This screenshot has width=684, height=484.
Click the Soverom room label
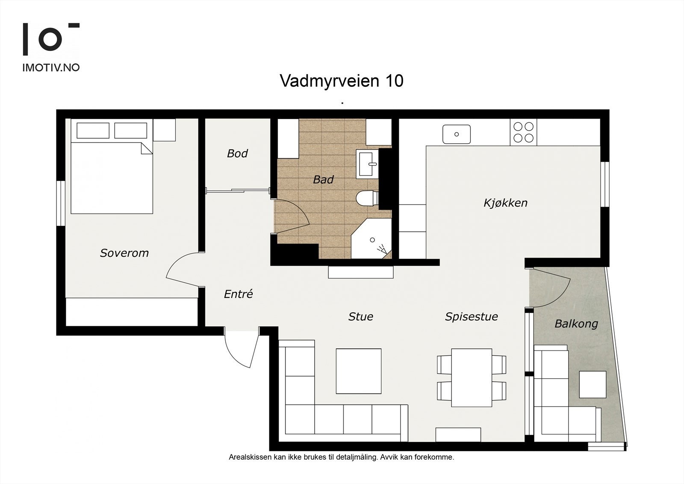124,253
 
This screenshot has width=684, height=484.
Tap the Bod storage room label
237,153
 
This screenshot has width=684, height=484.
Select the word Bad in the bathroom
323,180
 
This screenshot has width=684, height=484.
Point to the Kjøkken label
505,202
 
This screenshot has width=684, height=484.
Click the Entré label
238,294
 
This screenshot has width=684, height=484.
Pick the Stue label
360,317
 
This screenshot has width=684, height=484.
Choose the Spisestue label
471,317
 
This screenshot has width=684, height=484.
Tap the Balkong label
576,324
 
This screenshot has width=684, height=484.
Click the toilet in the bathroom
366,198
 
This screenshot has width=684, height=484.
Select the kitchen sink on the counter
456,134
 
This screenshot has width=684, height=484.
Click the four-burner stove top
523,132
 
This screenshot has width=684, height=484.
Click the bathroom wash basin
367,163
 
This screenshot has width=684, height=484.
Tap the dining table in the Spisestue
472,377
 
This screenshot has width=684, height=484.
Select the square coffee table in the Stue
358,371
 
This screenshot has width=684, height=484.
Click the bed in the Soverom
111,178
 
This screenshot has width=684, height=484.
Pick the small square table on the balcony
593,384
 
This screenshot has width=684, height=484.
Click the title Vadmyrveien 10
341,80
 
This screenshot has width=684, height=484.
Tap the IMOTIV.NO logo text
51,68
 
